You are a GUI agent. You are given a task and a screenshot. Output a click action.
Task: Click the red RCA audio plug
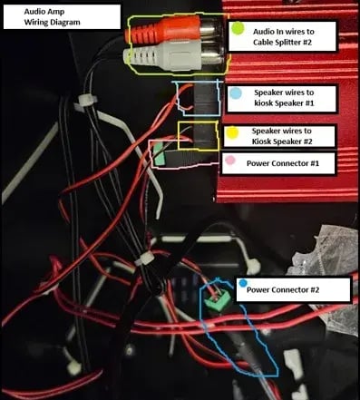pyautogui.click(x=163, y=28)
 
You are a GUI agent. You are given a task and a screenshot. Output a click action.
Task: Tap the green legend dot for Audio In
pyautogui.click(x=238, y=28)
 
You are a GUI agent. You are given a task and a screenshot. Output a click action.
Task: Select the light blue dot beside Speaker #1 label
pyautogui.click(x=235, y=93)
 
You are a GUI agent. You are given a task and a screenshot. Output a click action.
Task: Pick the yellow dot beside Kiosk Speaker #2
pyautogui.click(x=233, y=132)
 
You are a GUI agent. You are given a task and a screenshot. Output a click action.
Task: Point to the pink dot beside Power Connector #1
pyautogui.click(x=230, y=161)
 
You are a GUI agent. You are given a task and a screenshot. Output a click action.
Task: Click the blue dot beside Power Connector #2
pyautogui.click(x=243, y=283)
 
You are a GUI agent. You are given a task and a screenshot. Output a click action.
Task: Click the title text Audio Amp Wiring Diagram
pyautogui.click(x=52, y=17)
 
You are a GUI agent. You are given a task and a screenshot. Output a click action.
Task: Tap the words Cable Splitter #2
pyautogui.click(x=282, y=42)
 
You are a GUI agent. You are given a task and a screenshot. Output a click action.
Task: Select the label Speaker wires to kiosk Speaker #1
pyautogui.click(x=284, y=98)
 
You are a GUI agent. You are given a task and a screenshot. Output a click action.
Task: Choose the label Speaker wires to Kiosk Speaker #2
pyautogui.click(x=282, y=136)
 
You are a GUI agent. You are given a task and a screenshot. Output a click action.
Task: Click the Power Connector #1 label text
pyautogui.click(x=283, y=163)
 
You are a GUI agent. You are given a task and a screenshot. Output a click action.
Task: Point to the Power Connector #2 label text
pyautogui.click(x=283, y=289)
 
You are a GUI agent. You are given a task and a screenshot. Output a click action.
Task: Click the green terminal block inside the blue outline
pyautogui.click(x=218, y=299)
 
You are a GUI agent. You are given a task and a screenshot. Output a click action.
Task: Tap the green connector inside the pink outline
pyautogui.click(x=160, y=155)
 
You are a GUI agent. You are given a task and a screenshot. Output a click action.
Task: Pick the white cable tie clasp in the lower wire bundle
pyautogui.click(x=144, y=259)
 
